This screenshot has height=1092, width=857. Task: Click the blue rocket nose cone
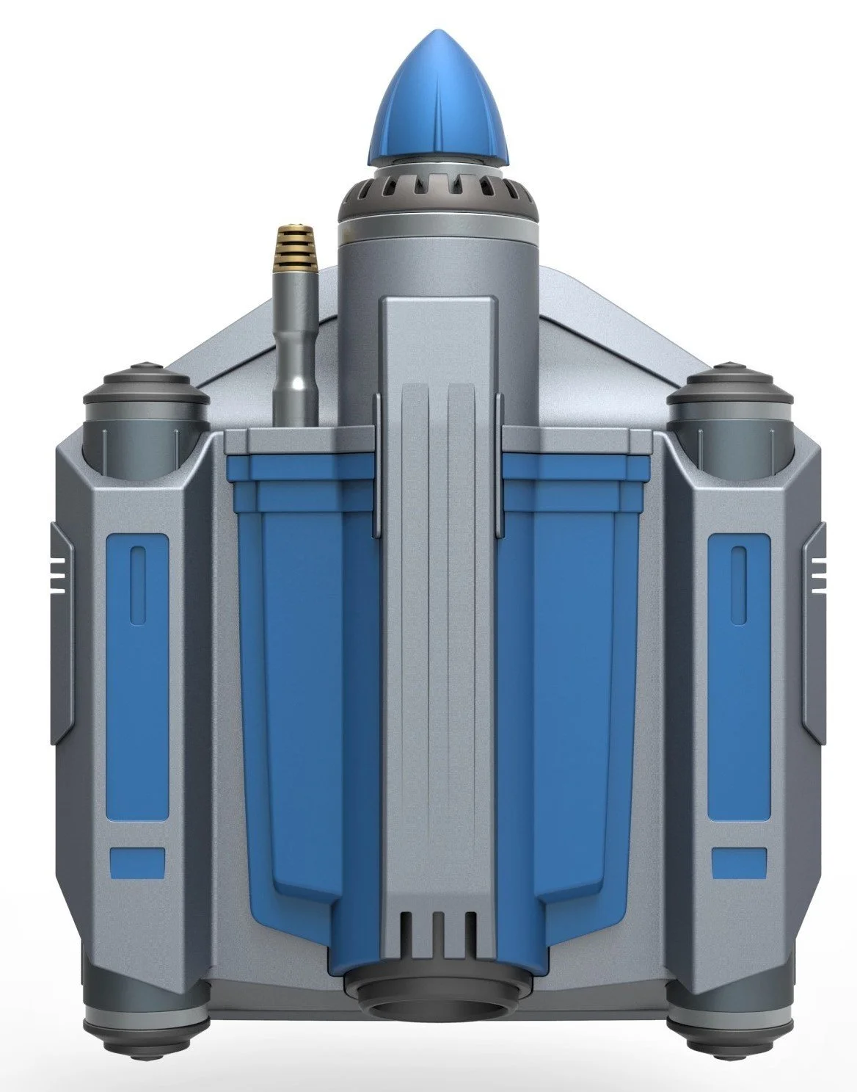438,111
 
